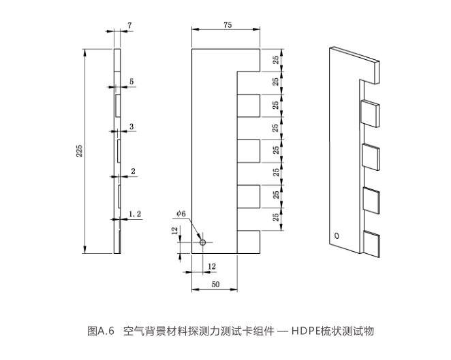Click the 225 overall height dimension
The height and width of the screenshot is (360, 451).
pyautogui.click(x=80, y=150)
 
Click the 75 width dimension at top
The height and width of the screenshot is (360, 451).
pyautogui.click(x=228, y=25)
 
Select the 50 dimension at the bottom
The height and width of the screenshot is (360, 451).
pyautogui.click(x=215, y=285)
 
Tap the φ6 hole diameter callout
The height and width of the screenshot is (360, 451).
pyautogui.click(x=181, y=214)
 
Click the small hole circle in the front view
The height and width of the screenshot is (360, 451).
pyautogui.click(x=202, y=242)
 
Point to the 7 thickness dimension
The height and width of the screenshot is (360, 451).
pyautogui.click(x=129, y=25)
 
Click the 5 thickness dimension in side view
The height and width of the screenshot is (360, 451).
pyautogui.click(x=131, y=82)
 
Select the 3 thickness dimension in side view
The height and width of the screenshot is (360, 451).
pyautogui.click(x=131, y=126)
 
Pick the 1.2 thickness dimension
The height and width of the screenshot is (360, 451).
pyautogui.click(x=135, y=214)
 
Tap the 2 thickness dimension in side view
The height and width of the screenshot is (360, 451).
pyautogui.click(x=132, y=171)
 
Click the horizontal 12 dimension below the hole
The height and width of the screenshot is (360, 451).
pyautogui.click(x=211, y=266)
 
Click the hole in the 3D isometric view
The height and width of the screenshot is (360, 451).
pyautogui.click(x=337, y=236)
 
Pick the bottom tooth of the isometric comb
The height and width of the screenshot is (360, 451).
pyautogui.click(x=373, y=244)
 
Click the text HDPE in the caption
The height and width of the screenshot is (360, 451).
pyautogui.click(x=311, y=331)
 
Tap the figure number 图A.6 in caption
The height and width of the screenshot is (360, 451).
pyautogui.click(x=101, y=331)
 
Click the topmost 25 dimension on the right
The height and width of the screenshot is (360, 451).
pyautogui.click(x=275, y=61)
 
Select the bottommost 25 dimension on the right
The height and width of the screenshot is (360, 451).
pyautogui.click(x=275, y=218)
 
